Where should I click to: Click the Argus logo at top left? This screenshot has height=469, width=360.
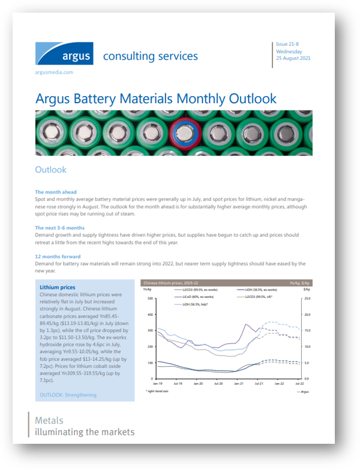point(64,54)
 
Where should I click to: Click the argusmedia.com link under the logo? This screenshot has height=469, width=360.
point(54,72)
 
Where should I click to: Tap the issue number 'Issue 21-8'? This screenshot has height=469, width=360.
point(289,44)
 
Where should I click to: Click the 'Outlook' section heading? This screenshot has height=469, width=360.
point(51,169)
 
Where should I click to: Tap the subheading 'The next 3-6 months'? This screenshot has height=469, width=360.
point(60,228)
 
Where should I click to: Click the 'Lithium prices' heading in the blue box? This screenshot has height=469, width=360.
point(57,288)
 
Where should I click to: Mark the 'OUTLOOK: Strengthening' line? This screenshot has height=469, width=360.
point(67,395)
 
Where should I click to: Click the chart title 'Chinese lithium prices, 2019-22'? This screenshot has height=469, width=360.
point(171,282)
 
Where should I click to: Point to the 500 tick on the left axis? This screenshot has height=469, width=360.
point(151,298)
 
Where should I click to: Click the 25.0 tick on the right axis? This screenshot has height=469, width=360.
point(307,298)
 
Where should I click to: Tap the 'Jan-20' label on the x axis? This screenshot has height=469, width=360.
point(197,383)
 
